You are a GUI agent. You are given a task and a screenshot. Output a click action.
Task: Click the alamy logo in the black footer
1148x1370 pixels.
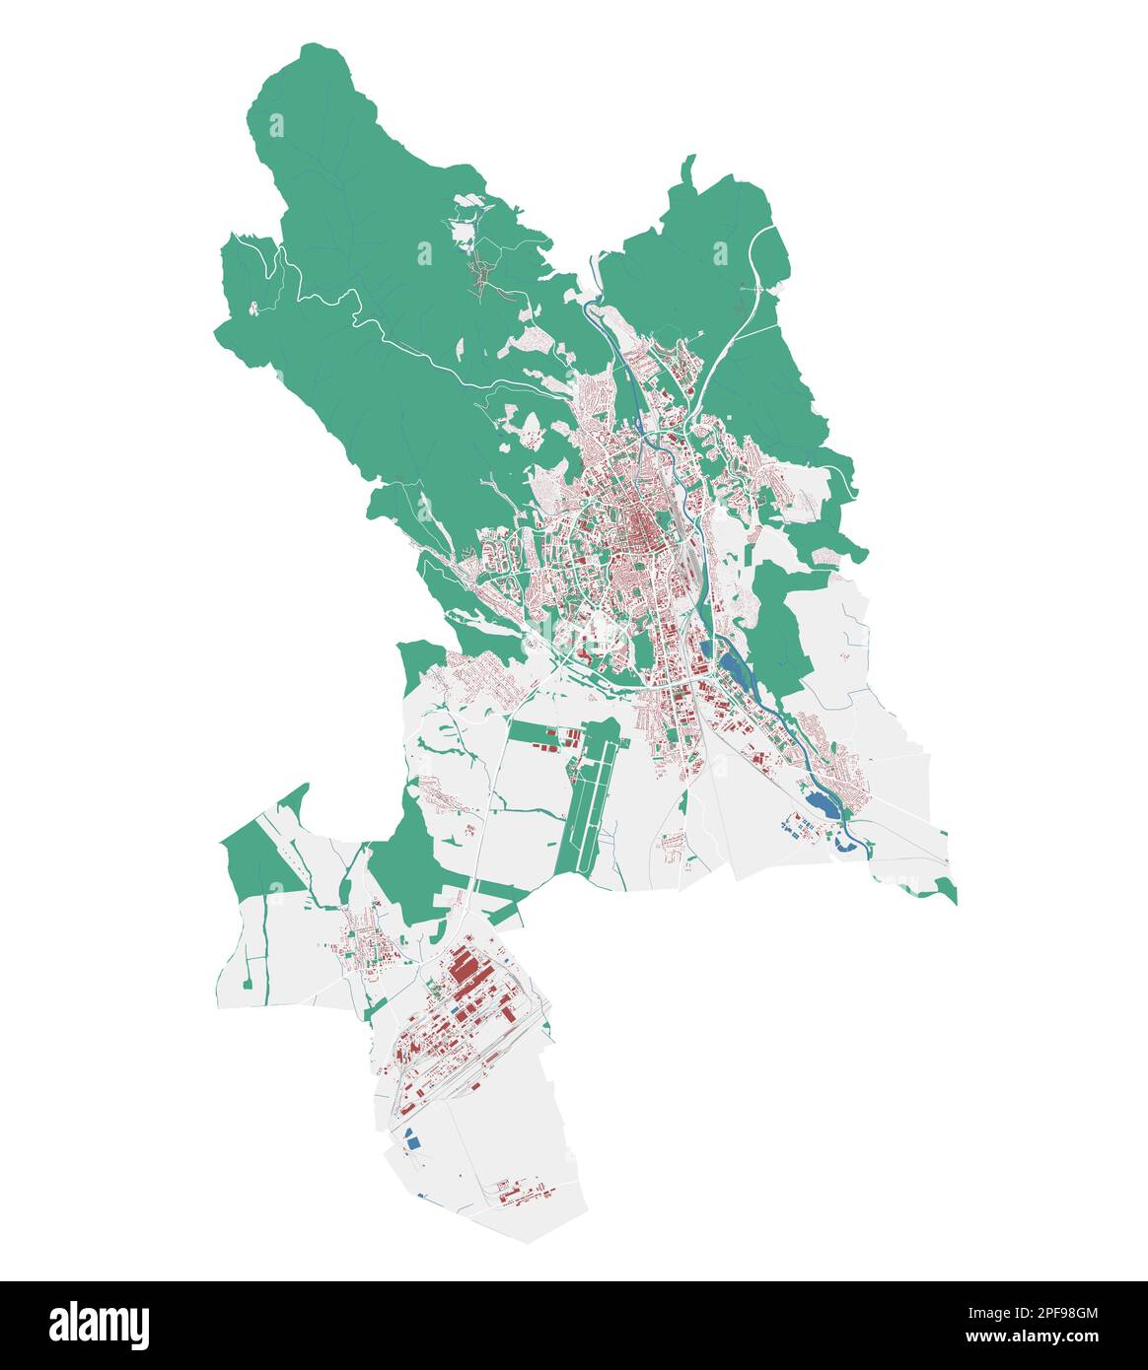[x=99, y=1325]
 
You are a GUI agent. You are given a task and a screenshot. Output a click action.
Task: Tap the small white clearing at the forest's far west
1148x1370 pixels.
[x=254, y=308]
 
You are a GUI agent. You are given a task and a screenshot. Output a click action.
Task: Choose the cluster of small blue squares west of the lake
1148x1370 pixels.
[x=786, y=823]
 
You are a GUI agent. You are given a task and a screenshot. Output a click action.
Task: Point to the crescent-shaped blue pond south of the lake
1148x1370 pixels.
[x=844, y=841]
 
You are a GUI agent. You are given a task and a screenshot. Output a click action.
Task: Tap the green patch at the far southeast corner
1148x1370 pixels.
[x=945, y=891]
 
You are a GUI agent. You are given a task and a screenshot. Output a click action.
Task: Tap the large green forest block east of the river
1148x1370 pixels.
[x=779, y=621]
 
